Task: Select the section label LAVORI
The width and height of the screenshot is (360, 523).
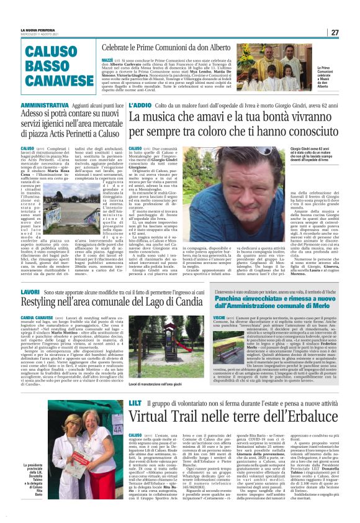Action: pos(30,291)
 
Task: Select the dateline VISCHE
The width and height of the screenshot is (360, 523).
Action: pos(220,317)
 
